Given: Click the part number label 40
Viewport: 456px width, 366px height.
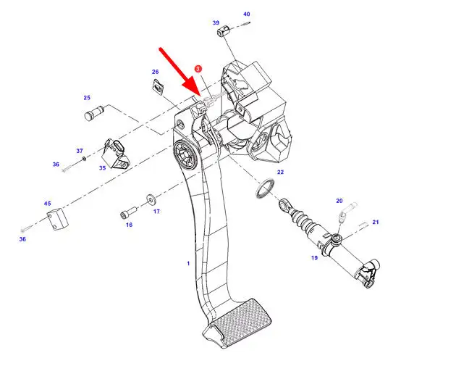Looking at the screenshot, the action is (x=246, y=14).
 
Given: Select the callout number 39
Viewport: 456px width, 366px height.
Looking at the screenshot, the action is (x=216, y=22).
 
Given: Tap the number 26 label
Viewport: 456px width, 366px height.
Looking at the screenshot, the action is (x=155, y=72).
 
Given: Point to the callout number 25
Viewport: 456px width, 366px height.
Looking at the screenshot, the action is (x=87, y=98).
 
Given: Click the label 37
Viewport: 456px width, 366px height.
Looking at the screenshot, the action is (x=80, y=151).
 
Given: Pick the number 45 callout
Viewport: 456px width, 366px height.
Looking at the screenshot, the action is (x=47, y=203).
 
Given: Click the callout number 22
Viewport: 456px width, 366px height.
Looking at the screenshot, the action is (x=280, y=172).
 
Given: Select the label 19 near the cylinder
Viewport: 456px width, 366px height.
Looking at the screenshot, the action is (x=314, y=257).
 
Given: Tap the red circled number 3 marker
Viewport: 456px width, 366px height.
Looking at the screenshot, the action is (x=198, y=69).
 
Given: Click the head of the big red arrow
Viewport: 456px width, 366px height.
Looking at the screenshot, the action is (x=193, y=89).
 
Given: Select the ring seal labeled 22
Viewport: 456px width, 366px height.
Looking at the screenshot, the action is (x=265, y=188).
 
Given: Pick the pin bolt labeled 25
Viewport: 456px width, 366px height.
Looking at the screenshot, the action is (x=94, y=113).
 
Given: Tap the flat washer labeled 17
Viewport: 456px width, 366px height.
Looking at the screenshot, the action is (x=151, y=199).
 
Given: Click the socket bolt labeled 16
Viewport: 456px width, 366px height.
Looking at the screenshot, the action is (x=128, y=212).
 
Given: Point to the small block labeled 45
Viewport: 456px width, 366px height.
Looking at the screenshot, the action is (x=58, y=219).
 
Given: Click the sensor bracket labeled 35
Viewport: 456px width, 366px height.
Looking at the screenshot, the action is (x=115, y=154).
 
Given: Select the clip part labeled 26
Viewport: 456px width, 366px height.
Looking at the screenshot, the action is (x=158, y=87).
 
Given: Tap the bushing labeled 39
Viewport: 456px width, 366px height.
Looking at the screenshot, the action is (x=224, y=30).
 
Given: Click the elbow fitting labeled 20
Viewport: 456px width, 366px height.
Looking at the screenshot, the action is (x=346, y=212).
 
